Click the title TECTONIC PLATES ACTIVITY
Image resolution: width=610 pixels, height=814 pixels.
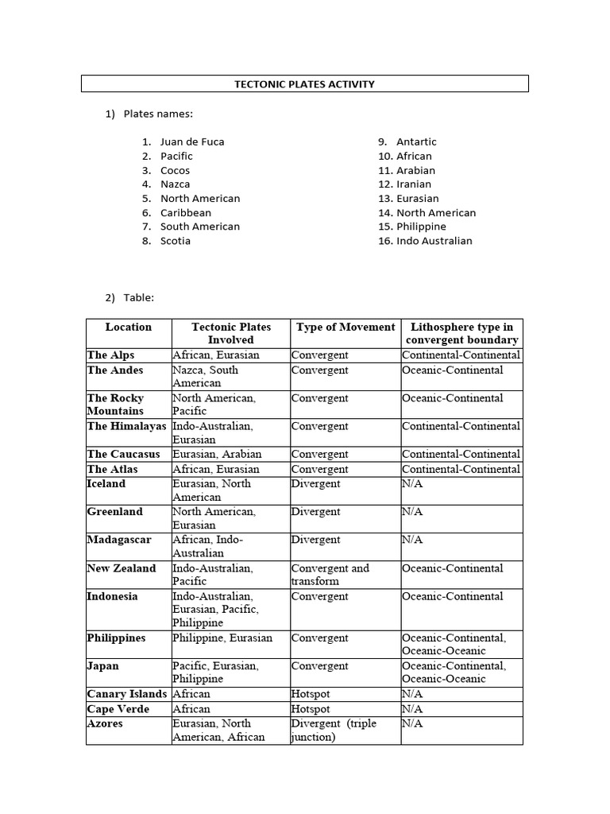(305, 84)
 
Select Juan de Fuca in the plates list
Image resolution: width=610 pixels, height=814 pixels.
(192, 141)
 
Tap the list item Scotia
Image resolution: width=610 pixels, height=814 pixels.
(176, 241)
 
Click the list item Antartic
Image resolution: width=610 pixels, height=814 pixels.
(416, 141)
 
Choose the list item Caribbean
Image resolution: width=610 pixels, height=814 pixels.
(186, 213)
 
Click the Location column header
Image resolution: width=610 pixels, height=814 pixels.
(128, 327)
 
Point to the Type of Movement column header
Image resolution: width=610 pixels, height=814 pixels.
(345, 327)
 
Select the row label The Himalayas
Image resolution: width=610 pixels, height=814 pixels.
(126, 426)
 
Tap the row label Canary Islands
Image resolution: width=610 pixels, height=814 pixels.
(126, 694)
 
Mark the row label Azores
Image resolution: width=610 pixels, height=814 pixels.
(105, 723)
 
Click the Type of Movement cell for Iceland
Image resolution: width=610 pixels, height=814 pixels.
(315, 483)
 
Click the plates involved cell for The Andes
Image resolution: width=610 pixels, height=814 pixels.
(205, 376)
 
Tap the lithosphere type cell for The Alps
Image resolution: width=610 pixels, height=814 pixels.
(461, 355)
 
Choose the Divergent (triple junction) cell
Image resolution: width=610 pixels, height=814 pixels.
(334, 730)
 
